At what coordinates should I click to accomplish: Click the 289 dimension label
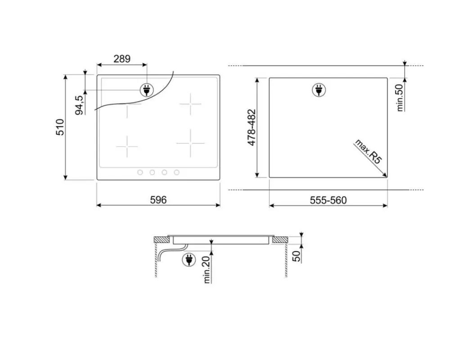coord(122,59)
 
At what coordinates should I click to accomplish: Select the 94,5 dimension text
coord(79,105)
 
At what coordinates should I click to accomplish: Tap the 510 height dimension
coord(60,127)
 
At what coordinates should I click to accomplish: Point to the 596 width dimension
coord(158,200)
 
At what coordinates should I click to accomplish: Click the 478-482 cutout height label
coord(252,127)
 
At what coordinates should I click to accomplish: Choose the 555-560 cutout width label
coord(328,200)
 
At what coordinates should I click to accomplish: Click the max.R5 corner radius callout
coord(369,152)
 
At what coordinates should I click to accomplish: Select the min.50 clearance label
coord(400,98)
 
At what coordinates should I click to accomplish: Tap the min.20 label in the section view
coord(207,270)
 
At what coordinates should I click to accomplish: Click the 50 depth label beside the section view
coord(297,256)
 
